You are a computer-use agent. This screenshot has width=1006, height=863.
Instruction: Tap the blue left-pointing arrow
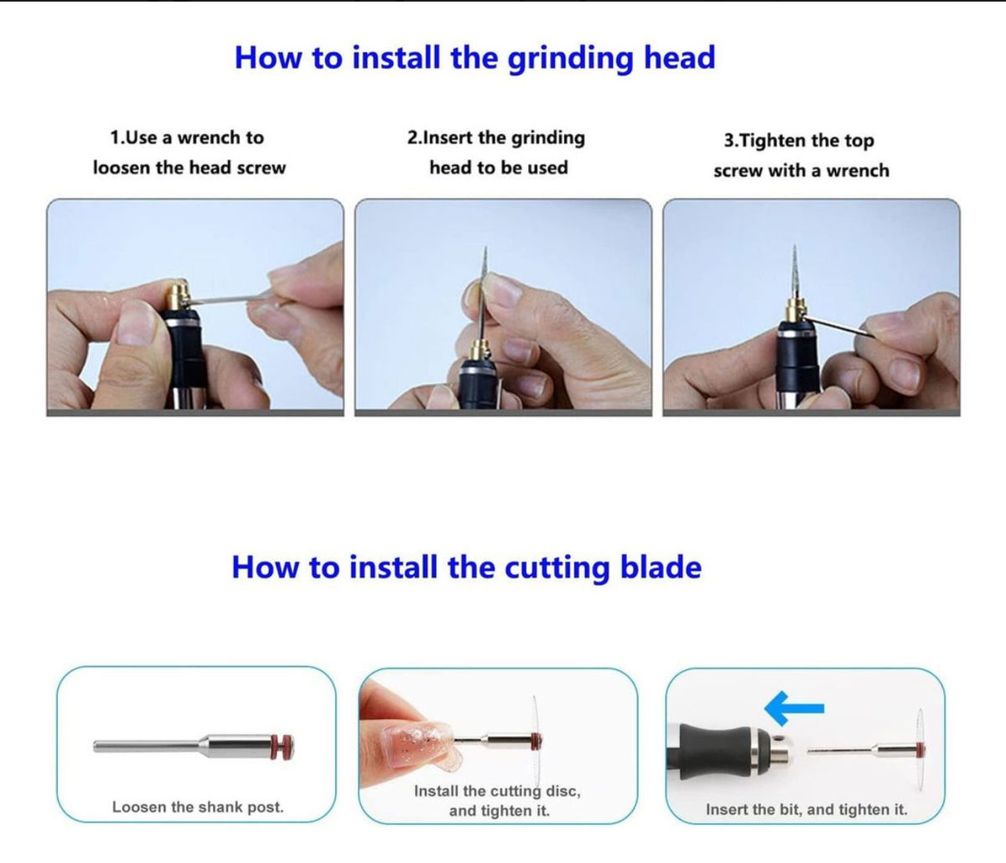point(794,708)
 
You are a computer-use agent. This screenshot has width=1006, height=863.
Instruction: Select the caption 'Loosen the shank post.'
point(198,808)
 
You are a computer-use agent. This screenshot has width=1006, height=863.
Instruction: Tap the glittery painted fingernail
point(416,744)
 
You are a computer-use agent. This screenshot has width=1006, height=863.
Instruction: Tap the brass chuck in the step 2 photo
point(480,350)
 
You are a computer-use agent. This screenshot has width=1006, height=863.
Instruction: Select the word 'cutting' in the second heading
point(557,569)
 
